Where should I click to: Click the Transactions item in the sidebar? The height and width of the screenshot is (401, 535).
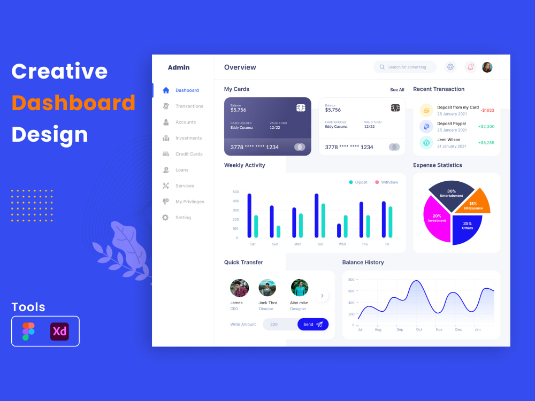pos(189,106)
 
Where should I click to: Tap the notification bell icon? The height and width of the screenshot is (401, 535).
pos(470,67)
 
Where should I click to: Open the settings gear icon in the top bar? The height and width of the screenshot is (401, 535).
pos(450,67)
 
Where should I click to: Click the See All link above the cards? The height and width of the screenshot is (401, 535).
pos(397,90)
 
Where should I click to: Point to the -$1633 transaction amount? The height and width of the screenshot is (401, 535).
pos(487,111)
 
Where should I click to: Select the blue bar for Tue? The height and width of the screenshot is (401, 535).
pos(316,215)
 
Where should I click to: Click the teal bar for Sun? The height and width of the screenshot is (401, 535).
pos(278,232)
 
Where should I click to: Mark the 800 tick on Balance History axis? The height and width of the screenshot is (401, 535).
pos(351,280)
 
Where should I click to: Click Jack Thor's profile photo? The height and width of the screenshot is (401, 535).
pos(267,288)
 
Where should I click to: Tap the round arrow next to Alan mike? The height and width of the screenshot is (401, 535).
pos(322,296)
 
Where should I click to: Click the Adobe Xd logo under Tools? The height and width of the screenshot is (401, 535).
pos(59,331)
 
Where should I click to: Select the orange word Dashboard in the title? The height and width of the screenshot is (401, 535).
pos(73,103)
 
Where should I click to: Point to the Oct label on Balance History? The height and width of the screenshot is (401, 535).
pos(419,329)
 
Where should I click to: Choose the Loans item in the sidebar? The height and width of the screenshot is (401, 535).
pos(182,170)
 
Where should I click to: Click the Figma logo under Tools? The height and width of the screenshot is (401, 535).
pos(28,331)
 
